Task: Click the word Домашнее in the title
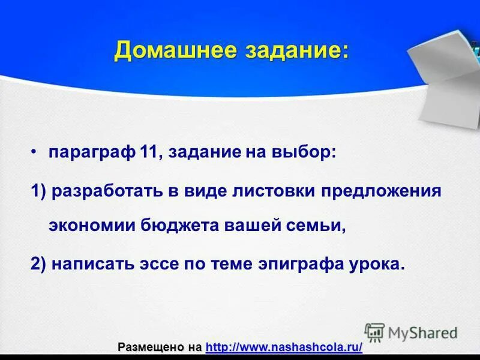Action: [x=175, y=50]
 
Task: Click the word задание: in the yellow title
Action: [x=296, y=50]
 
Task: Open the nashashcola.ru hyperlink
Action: [x=284, y=347]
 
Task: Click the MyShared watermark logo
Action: [x=411, y=332]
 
